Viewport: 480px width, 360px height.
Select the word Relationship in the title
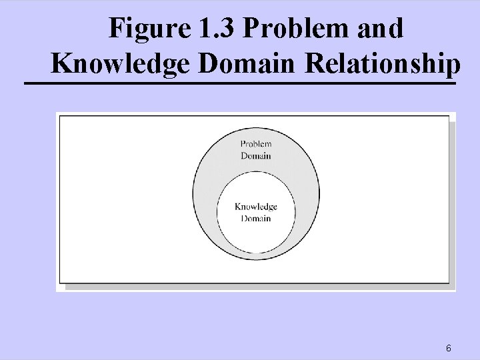coord(382,64)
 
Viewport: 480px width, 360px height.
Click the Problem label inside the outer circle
coord(256,144)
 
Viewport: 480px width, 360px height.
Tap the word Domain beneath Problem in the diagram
coord(256,155)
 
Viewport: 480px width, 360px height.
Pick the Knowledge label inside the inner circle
coord(256,207)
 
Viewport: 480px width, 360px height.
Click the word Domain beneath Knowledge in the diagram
coord(256,218)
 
